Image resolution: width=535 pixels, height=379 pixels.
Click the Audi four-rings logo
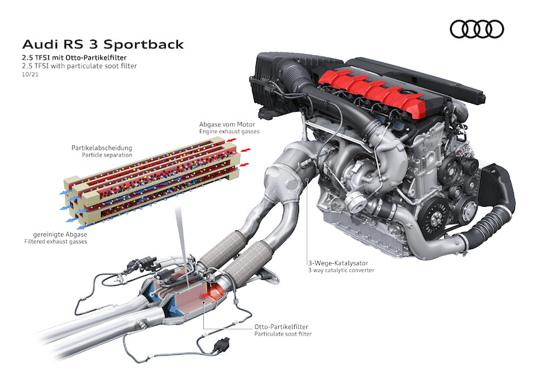(x=477, y=29)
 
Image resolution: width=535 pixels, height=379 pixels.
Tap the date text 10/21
(x=30, y=74)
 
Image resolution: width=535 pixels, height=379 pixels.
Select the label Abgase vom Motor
(x=227, y=125)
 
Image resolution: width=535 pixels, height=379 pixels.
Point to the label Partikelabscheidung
(x=102, y=147)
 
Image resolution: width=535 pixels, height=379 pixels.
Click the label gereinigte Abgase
(x=60, y=234)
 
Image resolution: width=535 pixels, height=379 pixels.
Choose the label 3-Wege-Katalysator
(x=338, y=263)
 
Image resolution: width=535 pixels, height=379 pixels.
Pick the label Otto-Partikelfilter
(x=281, y=327)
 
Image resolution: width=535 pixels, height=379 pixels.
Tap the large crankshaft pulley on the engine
(x=433, y=218)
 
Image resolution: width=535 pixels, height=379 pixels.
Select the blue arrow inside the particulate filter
(x=176, y=309)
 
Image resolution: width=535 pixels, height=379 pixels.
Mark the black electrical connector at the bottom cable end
(x=221, y=345)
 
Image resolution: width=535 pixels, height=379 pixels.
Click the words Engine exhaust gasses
(x=229, y=131)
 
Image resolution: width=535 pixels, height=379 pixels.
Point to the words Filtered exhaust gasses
(x=56, y=242)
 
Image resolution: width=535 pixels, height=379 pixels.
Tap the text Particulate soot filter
(x=283, y=334)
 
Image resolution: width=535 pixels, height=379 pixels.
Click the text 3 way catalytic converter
(x=341, y=271)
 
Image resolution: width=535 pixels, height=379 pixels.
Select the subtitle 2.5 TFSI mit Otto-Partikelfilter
(x=74, y=58)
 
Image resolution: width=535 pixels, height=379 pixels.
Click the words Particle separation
(x=107, y=155)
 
